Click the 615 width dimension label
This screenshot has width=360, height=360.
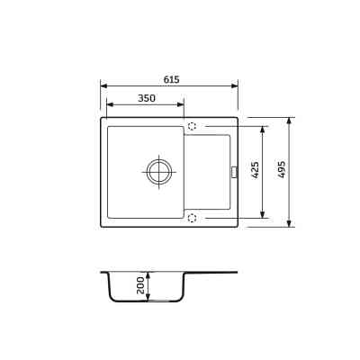coord(172,79)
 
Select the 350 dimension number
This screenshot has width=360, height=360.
coord(147,98)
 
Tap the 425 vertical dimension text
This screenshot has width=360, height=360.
coord(255,170)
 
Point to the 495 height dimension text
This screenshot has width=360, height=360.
coord(281,169)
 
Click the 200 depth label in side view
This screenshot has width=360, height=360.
coord(140,285)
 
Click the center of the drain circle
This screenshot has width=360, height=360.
coord(159,173)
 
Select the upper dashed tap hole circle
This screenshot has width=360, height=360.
coord(192,126)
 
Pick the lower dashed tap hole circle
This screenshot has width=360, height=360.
coord(192,218)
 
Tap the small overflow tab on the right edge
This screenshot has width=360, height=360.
coord(234,173)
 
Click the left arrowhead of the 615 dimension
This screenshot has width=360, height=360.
coord(103,85)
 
